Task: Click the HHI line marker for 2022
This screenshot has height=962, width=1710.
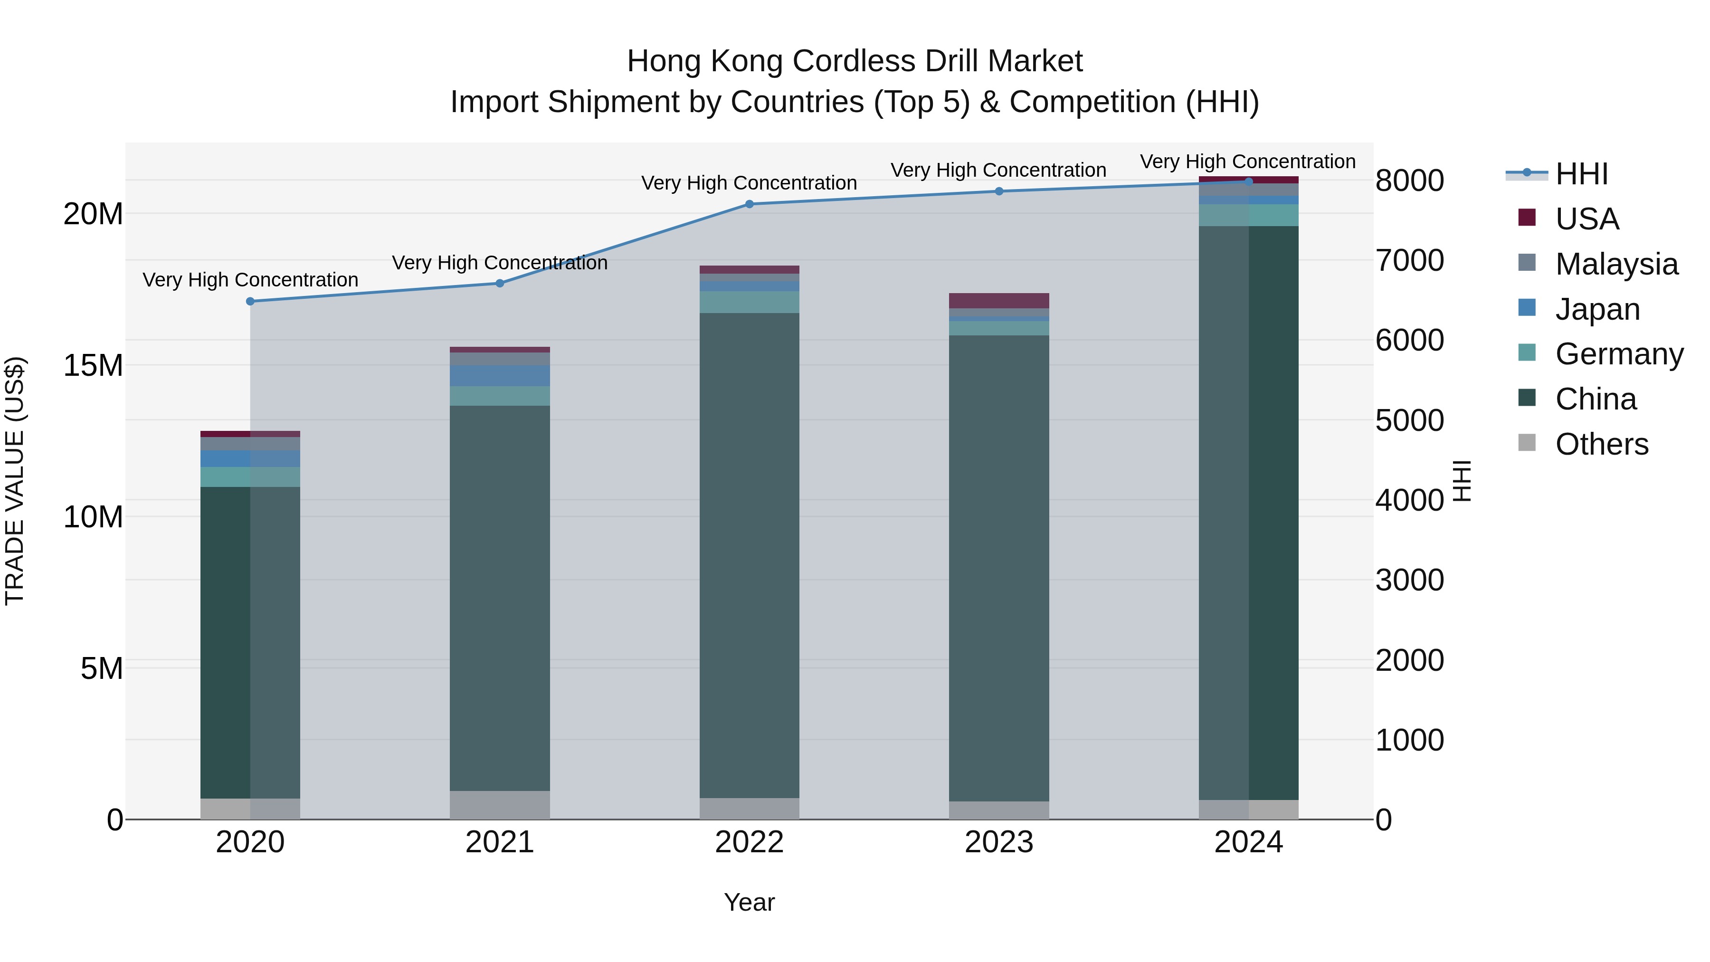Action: coord(750,204)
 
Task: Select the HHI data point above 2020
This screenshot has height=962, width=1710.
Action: coord(250,301)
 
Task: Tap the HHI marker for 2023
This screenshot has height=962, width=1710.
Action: coord(999,191)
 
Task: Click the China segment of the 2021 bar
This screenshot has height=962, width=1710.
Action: coord(500,598)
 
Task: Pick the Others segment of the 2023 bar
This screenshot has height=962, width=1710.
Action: coord(999,810)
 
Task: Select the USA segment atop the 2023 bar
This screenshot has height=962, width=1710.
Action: coord(999,301)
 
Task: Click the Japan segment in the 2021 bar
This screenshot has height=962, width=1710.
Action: coord(500,376)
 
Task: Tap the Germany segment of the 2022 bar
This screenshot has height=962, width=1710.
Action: coord(750,302)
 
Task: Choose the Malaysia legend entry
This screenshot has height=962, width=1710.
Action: coord(1616,264)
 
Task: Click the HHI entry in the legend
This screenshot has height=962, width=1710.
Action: coord(1581,174)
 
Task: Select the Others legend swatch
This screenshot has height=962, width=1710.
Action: coord(1527,443)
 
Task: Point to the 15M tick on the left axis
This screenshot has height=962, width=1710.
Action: coord(93,365)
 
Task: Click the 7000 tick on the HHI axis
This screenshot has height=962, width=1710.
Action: coord(1409,260)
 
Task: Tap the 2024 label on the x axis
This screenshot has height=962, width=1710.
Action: coord(1248,842)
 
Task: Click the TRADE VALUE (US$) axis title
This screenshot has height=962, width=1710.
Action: coord(15,481)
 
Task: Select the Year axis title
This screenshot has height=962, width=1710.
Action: coord(750,902)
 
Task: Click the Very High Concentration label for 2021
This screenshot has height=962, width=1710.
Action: coord(500,263)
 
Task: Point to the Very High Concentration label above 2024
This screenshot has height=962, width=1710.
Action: coord(1248,162)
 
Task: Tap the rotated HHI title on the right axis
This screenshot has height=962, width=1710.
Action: coord(1463,481)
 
